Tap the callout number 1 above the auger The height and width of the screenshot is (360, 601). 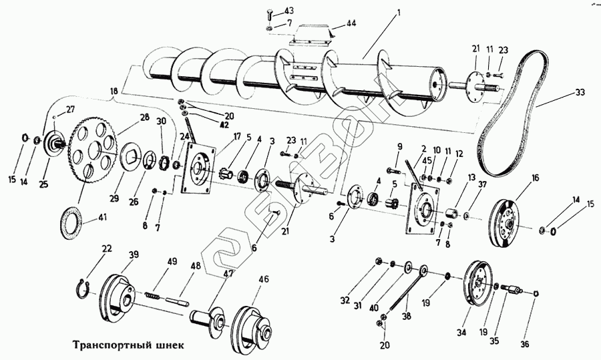pos(399,12)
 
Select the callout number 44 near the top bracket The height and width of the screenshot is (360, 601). pos(351,24)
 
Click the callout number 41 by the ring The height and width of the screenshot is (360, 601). pos(102,218)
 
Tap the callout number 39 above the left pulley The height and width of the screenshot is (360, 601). pos(134,254)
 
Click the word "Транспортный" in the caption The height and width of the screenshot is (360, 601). pos(108,345)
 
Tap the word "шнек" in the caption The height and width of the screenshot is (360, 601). pos(165,345)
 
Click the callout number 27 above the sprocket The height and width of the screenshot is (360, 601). pos(71,110)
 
